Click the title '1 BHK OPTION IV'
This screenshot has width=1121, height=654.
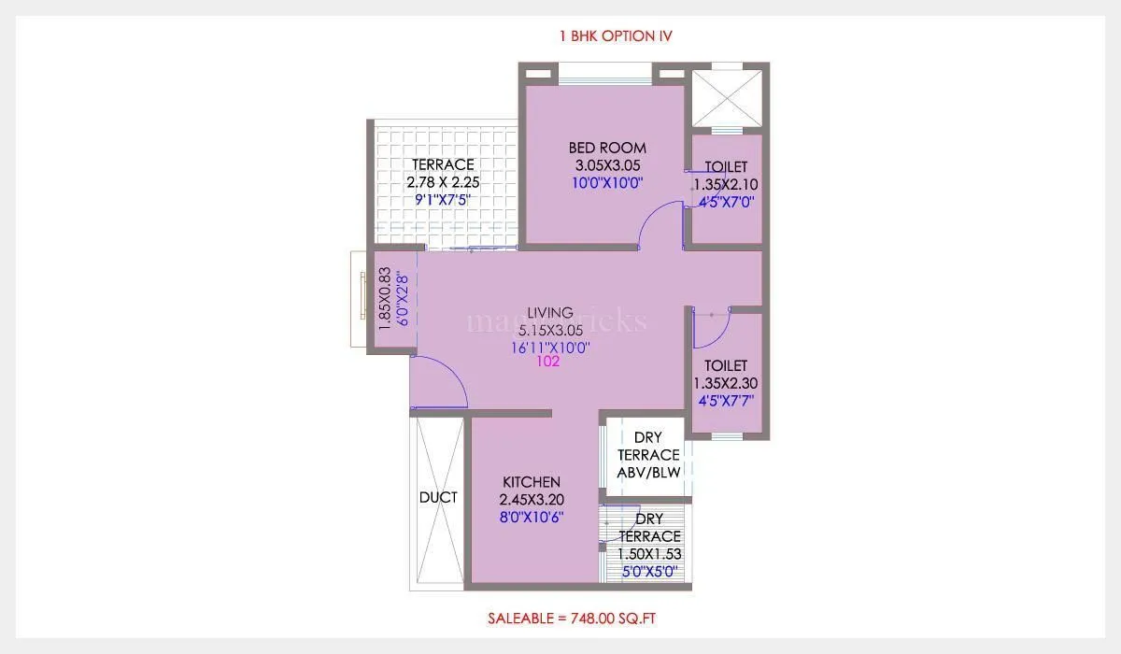click(615, 36)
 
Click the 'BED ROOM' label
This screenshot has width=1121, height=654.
click(607, 148)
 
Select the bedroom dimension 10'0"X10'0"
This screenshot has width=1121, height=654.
click(607, 183)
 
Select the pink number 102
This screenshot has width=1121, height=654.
click(548, 363)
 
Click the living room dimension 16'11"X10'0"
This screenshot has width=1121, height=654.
click(549, 347)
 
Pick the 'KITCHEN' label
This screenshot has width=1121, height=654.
click(532, 481)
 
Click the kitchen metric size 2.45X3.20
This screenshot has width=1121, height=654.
click(532, 499)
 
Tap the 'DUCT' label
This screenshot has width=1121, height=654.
click(438, 497)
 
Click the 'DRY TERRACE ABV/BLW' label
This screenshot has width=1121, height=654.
click(648, 455)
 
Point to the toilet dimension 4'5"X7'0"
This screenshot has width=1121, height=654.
click(725, 201)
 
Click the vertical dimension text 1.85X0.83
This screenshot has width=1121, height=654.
click(384, 298)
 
